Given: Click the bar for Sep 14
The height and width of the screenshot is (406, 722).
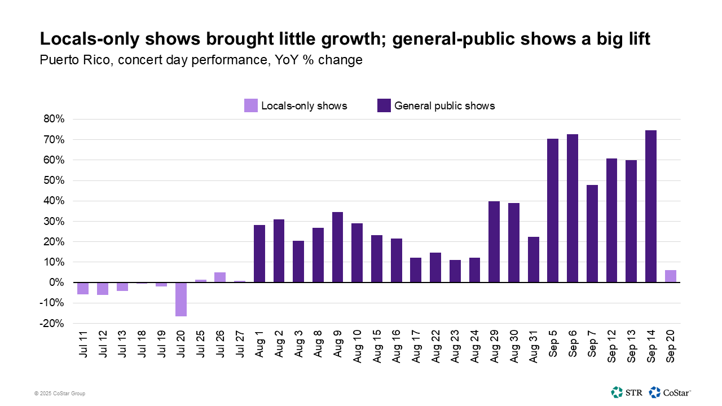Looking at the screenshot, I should tap(650, 206).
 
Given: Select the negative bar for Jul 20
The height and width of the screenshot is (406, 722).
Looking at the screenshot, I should tap(181, 299).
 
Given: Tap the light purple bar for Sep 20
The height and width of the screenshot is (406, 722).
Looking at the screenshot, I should tap(670, 276).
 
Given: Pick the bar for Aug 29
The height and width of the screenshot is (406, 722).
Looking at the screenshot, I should tap(494, 242).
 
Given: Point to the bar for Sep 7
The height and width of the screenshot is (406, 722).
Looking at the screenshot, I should tap(592, 233).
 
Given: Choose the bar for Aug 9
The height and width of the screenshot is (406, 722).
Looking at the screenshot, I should tap(337, 247).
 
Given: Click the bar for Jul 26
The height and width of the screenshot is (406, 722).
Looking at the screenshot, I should tap(220, 277).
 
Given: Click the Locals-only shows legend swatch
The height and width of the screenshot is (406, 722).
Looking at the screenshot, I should tap(250, 105).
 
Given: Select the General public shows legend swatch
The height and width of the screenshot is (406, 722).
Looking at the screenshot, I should tap(384, 105).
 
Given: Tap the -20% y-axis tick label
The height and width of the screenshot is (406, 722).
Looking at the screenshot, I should tap(52, 324).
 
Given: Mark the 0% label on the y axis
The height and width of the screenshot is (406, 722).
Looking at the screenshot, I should tap(56, 283).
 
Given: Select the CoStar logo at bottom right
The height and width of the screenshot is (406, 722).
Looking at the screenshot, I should tap(671, 392).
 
